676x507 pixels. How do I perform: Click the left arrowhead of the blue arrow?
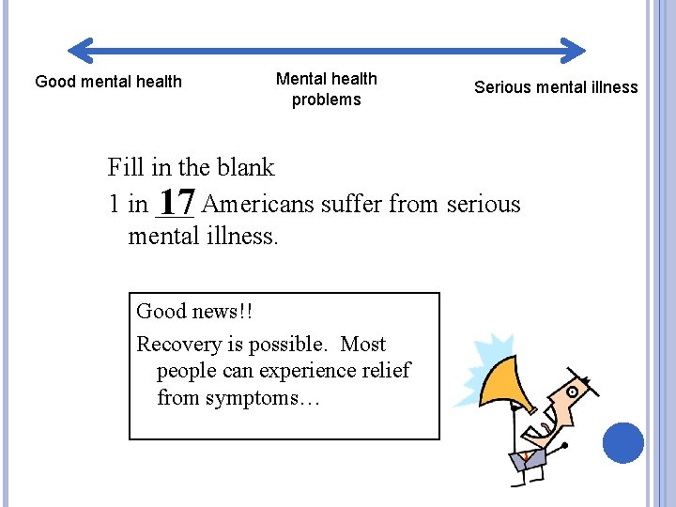(79, 50)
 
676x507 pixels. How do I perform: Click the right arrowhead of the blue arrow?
(576, 50)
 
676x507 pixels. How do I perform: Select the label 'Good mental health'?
(108, 82)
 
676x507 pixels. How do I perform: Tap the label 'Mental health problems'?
(326, 89)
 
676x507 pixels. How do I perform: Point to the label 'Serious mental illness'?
(555, 87)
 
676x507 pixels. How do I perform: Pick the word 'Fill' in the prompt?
(124, 168)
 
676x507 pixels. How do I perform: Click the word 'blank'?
(246, 168)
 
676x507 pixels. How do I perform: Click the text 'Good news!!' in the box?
(194, 311)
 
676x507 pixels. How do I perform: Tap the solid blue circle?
(622, 442)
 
